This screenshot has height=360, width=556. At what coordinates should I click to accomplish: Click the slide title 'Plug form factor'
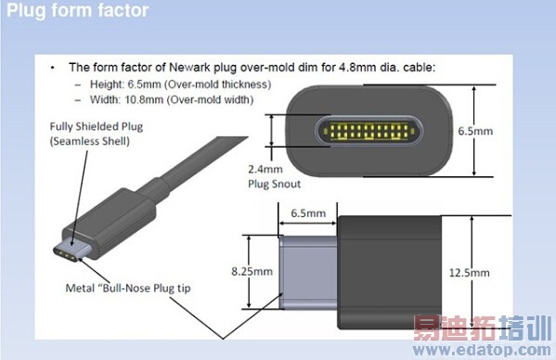point(77,12)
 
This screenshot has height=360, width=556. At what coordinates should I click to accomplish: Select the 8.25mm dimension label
point(251,272)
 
